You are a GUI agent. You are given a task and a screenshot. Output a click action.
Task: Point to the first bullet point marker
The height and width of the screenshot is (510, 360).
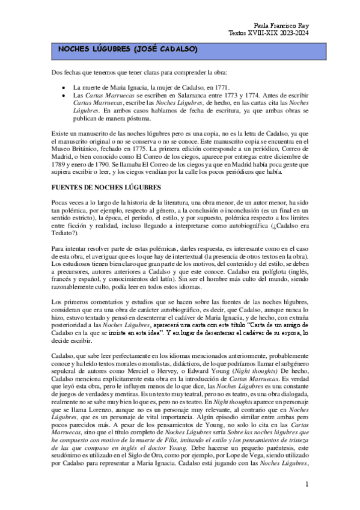click(x=64, y=87)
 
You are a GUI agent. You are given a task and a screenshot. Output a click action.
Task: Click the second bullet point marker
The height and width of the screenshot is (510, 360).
click(x=64, y=95)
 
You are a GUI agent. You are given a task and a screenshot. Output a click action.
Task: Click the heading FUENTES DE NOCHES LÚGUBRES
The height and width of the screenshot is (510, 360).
click(x=106, y=188)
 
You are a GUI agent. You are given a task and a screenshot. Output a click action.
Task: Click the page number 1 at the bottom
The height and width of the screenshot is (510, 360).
click(x=307, y=484)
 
